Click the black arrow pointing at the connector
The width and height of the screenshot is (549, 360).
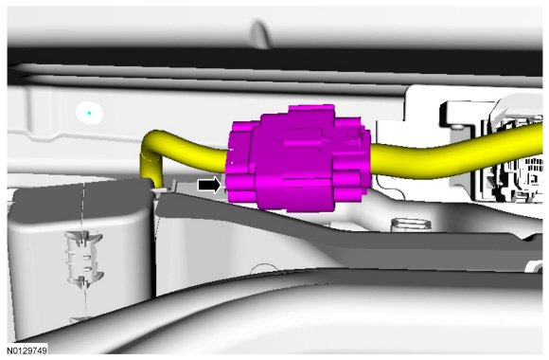pos(209,185)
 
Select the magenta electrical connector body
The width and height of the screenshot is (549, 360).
pos(297,158)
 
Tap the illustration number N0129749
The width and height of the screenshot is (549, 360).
pos(27,351)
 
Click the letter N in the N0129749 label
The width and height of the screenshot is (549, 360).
pos(9,351)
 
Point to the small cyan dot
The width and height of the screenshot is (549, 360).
pos(90,113)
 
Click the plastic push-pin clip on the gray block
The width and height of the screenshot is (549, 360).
pos(83,259)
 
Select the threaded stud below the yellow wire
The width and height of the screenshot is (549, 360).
pos(411,224)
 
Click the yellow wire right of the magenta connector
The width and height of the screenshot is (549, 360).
pos(455,152)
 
